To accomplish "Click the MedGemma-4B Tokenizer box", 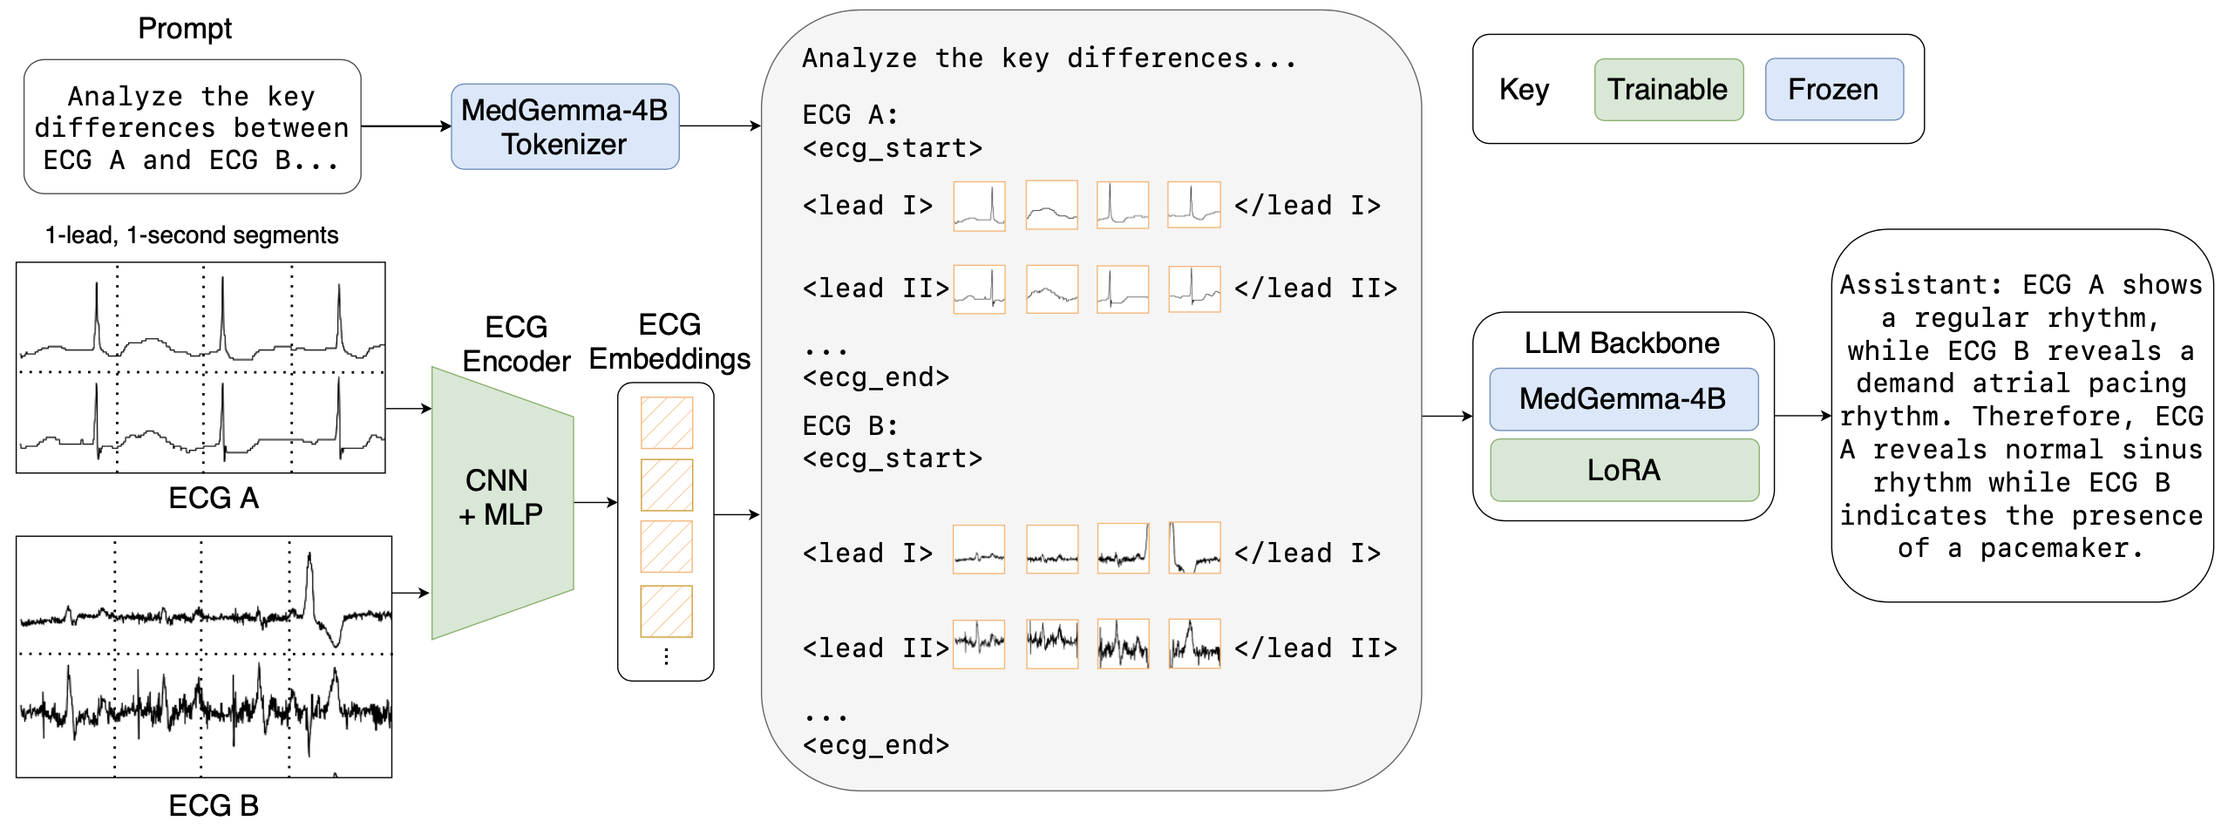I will (564, 126).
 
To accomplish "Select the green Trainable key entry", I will (1668, 90).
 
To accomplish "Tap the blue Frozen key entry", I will (1833, 90).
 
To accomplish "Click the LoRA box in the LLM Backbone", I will (1623, 470).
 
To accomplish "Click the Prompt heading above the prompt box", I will (185, 29).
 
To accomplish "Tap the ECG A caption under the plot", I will (213, 498).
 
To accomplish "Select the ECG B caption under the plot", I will (213, 804).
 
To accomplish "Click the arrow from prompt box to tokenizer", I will (405, 126).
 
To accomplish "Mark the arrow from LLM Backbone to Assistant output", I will (1802, 416).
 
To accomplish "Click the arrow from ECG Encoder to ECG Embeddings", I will (595, 502).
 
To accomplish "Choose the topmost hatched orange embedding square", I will (667, 423).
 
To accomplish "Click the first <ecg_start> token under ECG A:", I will (892, 148).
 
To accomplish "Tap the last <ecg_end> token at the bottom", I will (875, 745).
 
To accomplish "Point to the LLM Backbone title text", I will (1621, 343).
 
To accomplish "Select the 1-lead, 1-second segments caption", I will (192, 235).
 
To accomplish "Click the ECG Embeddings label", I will (669, 342).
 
